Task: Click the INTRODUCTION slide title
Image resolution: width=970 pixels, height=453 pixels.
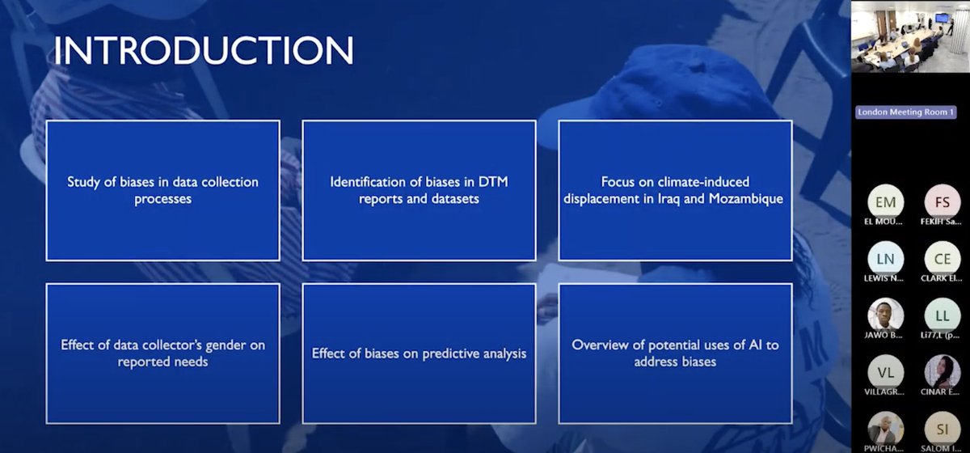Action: pos(203,50)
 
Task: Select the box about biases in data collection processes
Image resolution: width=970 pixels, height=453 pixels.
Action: pos(162,190)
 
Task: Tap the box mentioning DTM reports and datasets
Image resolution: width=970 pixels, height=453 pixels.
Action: pos(419,190)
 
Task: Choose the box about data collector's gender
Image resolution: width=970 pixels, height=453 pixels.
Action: pos(162,354)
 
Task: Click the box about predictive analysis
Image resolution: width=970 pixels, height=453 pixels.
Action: pos(419,354)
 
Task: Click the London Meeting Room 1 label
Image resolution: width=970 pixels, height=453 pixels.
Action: pos(906,112)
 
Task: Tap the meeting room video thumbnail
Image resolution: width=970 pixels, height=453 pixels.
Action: pos(909,37)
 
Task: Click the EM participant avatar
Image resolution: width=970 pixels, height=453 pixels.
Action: pos(885,201)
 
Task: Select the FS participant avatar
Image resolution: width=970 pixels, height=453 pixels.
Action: pos(942,201)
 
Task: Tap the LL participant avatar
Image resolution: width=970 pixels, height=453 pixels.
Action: pos(942,315)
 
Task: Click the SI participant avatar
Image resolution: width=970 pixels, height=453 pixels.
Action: pos(942,428)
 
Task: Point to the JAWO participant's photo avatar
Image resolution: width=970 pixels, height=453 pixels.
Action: pos(885,315)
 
